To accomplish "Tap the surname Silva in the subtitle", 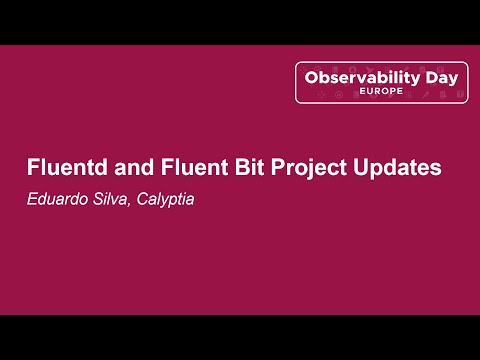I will (109, 199).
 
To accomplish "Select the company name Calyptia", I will (163, 200).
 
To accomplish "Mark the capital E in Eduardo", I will (31, 199).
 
